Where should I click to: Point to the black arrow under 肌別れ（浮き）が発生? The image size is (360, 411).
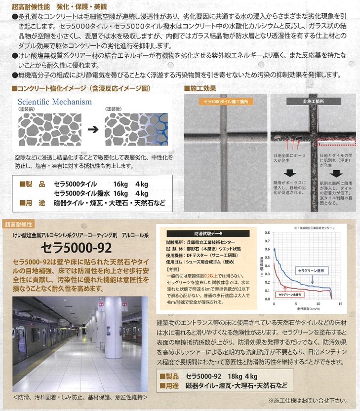click(336, 173)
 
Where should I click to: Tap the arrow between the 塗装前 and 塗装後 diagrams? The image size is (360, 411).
click(92, 130)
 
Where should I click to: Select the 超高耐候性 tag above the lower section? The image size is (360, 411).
click(18, 224)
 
